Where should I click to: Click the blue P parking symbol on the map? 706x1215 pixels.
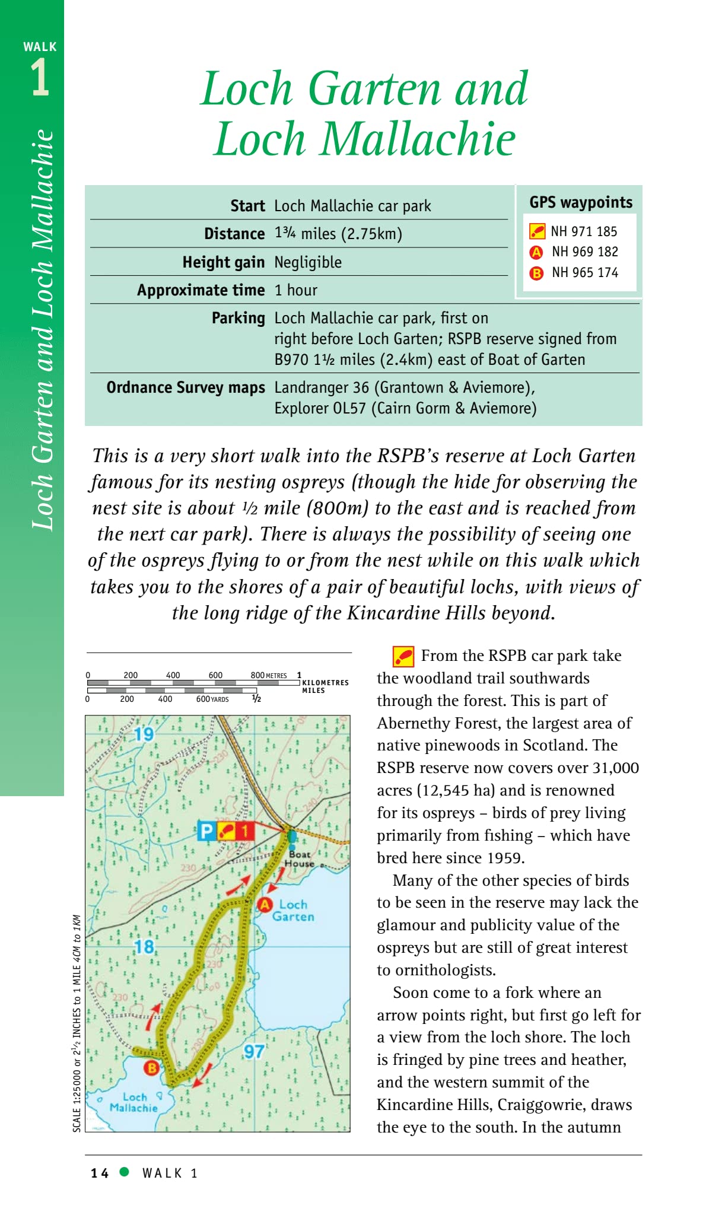(x=206, y=831)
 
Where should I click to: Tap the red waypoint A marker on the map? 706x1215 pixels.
(x=265, y=905)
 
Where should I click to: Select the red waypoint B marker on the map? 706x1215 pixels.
(x=152, y=1068)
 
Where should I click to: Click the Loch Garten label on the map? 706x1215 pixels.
(x=293, y=911)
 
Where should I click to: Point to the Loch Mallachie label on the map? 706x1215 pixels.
(x=134, y=1103)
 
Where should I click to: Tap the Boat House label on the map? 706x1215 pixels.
(x=300, y=859)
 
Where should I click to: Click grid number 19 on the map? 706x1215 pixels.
(x=144, y=734)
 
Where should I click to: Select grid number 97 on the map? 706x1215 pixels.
(x=255, y=1052)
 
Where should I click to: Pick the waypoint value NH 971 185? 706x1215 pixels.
(x=584, y=231)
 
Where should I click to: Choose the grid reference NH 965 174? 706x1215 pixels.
(x=585, y=273)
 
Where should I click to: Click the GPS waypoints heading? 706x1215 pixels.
(x=581, y=203)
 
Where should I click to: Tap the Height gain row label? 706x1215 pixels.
(x=223, y=262)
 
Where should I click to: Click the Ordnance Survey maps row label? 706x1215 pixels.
(x=186, y=387)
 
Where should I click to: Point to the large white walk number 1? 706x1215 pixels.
(x=40, y=78)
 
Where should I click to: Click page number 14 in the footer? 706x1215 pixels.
(x=100, y=1173)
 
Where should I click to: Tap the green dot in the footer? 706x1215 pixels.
(x=125, y=1172)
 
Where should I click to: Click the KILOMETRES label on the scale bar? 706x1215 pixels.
(x=325, y=683)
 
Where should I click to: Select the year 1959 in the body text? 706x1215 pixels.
(x=505, y=858)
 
